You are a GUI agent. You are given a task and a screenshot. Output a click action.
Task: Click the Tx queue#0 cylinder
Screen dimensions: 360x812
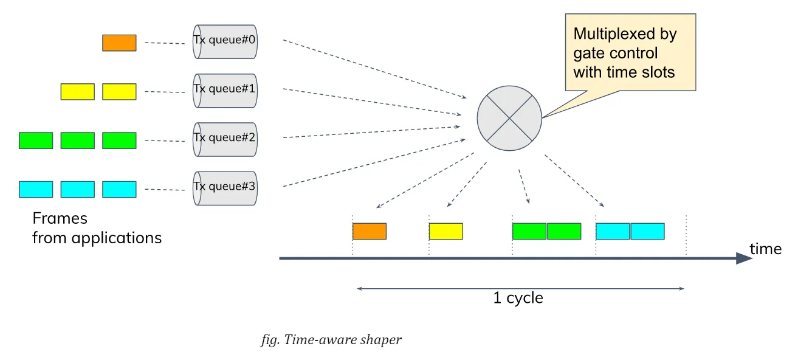(225, 41)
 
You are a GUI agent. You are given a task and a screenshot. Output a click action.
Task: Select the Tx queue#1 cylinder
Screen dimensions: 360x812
(225, 90)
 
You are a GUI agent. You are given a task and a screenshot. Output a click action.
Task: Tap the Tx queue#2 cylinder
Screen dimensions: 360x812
(225, 139)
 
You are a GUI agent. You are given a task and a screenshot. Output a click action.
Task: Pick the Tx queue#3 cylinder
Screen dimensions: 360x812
(225, 188)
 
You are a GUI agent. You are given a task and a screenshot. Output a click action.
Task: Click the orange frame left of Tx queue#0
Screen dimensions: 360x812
(119, 43)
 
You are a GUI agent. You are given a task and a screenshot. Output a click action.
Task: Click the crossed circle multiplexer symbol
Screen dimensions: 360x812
(509, 117)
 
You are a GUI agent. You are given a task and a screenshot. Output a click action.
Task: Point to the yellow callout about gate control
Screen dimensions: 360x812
(630, 53)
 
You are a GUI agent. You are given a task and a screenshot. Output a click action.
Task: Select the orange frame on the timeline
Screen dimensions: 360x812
(370, 231)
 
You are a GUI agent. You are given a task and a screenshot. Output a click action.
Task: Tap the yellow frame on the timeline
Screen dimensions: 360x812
(446, 231)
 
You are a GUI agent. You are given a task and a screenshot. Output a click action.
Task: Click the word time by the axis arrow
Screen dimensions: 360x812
(765, 249)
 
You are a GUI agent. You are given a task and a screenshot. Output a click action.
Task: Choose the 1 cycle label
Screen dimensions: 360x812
(518, 298)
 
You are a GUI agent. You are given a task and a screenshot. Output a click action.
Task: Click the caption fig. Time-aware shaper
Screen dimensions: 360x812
(331, 340)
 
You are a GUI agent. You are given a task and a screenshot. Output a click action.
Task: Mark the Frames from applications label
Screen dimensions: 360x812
(97, 228)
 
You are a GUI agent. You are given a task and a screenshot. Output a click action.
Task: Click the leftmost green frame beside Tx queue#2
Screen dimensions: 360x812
(36, 140)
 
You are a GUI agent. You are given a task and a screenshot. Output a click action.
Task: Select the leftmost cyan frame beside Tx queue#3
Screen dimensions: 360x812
(36, 189)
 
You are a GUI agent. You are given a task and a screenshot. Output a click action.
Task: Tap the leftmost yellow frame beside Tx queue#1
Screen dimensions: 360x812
(77, 92)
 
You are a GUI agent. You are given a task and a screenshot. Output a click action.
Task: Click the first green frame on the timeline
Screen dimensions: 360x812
(529, 231)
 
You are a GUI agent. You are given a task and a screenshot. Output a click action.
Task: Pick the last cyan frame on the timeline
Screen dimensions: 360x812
(647, 231)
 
